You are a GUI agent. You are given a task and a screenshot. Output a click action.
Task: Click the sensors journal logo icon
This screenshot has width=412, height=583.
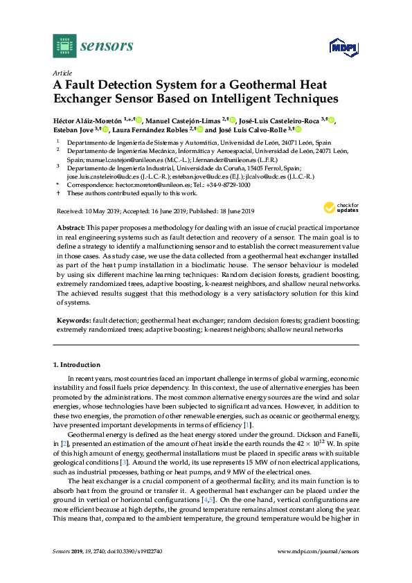click(64, 46)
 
